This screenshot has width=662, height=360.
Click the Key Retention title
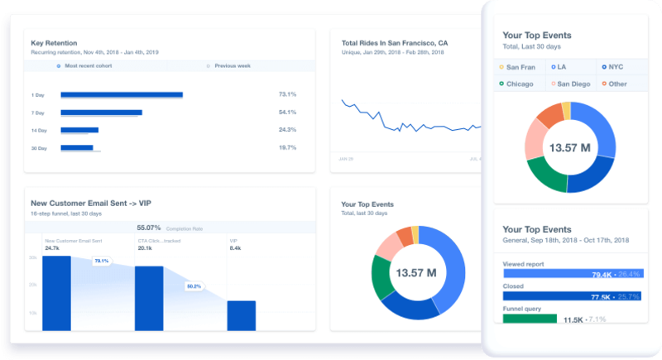tap(55, 43)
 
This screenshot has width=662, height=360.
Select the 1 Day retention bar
tap(122, 95)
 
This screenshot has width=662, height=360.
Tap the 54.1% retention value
tap(287, 112)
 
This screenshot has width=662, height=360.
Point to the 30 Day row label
tap(38, 148)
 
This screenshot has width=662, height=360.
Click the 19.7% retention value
tap(287, 147)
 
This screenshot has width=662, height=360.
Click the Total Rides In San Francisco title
tap(395, 43)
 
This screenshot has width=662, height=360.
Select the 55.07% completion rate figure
tap(149, 227)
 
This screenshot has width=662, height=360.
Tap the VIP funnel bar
tap(241, 315)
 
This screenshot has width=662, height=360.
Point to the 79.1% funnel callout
tap(102, 261)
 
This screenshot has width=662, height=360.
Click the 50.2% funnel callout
tap(194, 286)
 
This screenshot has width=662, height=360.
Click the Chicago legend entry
tap(519, 84)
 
